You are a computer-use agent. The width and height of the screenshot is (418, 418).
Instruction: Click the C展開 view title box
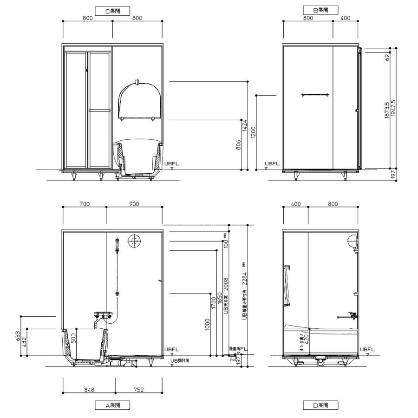point(111,10)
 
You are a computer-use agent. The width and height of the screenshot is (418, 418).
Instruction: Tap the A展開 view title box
point(111,405)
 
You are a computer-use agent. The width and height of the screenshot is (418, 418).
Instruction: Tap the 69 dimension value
point(387,59)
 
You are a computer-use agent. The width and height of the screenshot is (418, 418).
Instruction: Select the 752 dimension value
point(138,390)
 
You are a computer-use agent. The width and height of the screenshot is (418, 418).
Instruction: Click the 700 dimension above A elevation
point(84,204)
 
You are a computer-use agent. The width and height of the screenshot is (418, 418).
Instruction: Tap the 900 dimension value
point(134,204)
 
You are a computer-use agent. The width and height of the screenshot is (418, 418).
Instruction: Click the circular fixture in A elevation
point(134,242)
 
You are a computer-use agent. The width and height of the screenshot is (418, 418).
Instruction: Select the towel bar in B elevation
point(316,95)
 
